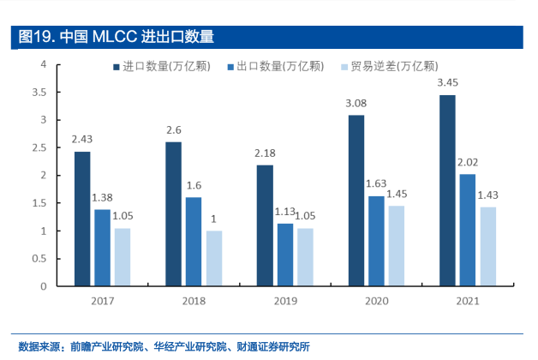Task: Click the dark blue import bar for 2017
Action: click(81, 219)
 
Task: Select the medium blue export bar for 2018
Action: click(194, 242)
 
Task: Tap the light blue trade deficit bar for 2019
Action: click(306, 257)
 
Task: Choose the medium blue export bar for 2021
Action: click(468, 230)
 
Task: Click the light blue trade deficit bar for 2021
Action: click(488, 246)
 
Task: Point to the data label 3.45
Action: click(447, 83)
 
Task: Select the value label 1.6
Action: click(194, 185)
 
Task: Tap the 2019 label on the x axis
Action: click(285, 301)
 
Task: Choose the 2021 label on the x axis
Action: click(467, 301)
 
